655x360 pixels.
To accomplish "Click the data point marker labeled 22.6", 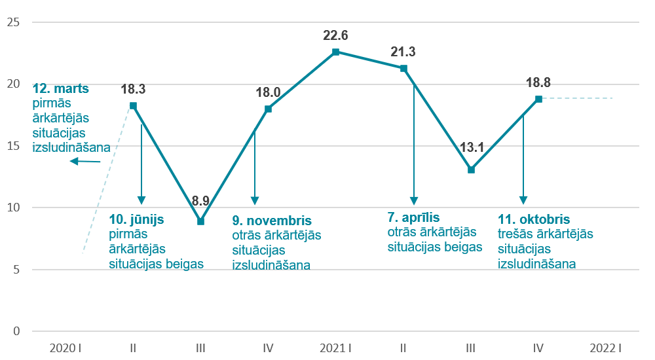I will [x=335, y=52].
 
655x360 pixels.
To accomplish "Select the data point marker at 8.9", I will [x=200, y=221].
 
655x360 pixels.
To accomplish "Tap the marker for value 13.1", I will [x=471, y=170].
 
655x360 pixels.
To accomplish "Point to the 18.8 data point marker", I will [x=538, y=99].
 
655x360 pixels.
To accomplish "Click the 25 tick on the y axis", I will [x=12, y=22].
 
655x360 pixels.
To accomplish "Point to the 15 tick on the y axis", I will [x=12, y=146].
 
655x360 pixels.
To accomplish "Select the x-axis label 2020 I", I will [x=65, y=348].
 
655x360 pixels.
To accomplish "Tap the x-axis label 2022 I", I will [x=605, y=348].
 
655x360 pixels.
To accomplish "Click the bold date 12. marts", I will [x=60, y=88].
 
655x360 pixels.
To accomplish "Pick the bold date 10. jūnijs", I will [x=136, y=220].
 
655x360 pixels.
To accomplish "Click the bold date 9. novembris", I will [x=272, y=221].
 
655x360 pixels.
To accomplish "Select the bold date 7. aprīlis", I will [x=413, y=217].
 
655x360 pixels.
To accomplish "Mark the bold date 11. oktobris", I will [x=534, y=220].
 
